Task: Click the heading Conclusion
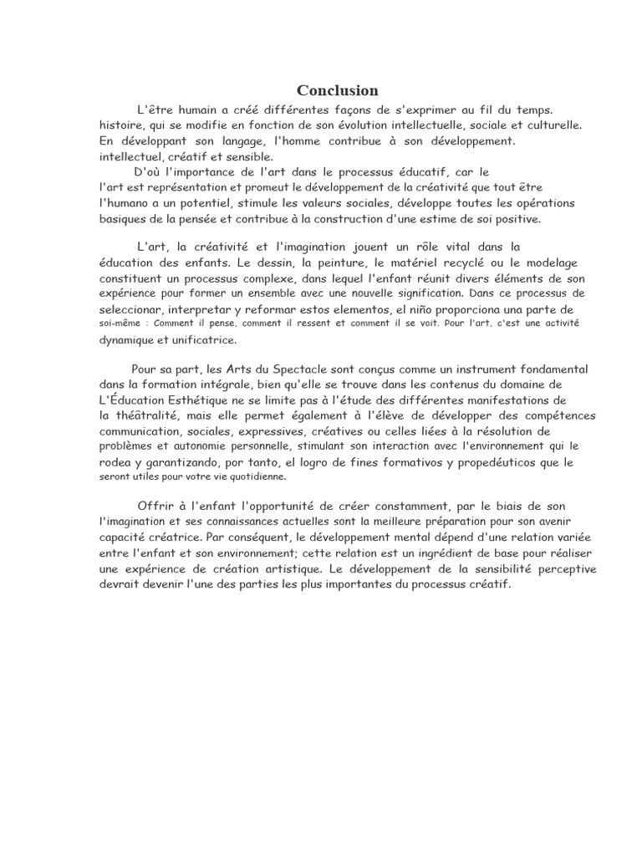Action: point(338,90)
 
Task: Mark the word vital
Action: point(451,247)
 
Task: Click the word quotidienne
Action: point(252,476)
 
